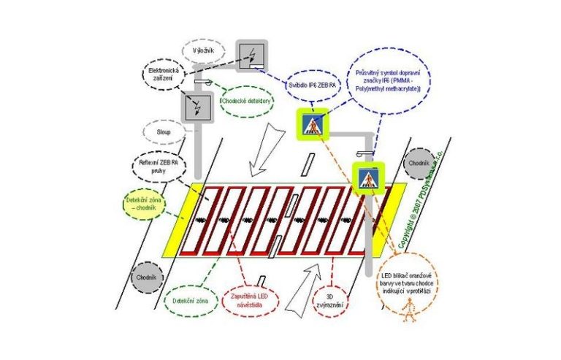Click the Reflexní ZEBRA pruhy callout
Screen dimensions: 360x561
click(x=160, y=168)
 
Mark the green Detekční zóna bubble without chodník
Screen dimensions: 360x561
click(x=190, y=300)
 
